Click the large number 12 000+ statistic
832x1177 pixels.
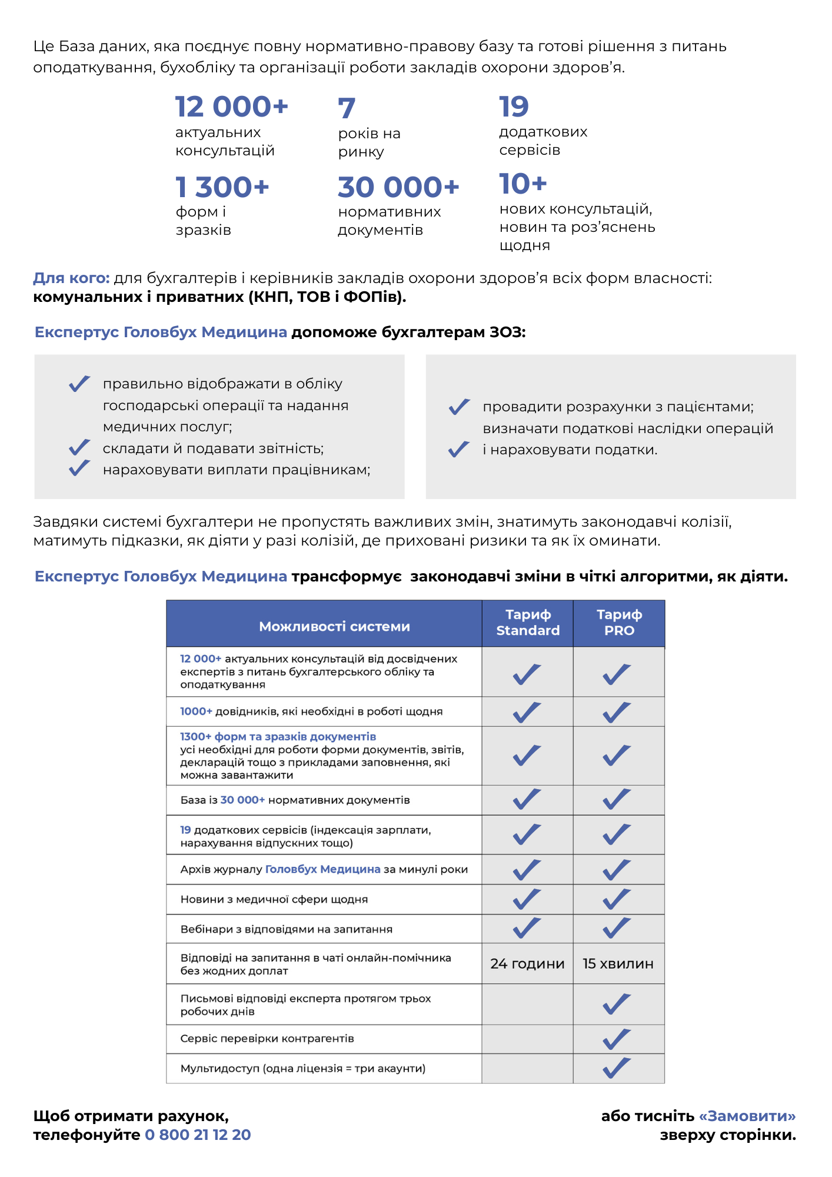point(231,107)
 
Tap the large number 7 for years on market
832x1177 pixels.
point(347,108)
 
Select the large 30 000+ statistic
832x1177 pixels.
point(398,187)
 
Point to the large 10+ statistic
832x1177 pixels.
point(523,184)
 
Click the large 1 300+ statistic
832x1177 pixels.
point(222,187)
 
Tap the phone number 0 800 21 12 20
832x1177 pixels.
point(198,1135)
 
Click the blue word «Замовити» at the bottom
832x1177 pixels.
point(747,1116)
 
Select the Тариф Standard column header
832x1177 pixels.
point(528,623)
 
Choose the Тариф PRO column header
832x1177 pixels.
point(619,623)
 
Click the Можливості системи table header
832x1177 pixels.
point(334,626)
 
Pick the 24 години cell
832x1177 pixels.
point(527,963)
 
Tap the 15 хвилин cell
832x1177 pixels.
point(618,963)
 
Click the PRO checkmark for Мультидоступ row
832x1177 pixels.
point(617,1068)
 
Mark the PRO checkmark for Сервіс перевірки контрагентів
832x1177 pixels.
point(617,1039)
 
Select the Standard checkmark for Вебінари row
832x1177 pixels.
point(527,928)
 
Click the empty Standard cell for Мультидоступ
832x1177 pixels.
point(527,1068)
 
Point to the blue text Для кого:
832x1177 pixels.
point(71,278)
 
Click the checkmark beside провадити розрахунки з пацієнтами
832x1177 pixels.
point(459,407)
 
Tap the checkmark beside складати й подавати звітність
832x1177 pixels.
point(79,448)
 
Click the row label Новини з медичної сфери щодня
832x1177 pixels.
point(274,899)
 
